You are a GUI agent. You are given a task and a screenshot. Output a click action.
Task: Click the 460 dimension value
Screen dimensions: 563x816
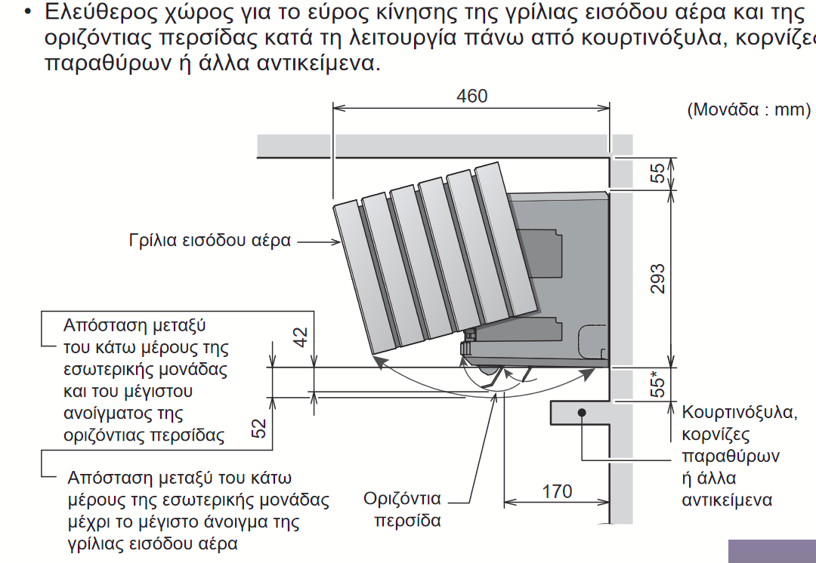tap(472, 97)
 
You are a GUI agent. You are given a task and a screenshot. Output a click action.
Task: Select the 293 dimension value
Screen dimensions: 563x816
tap(657, 278)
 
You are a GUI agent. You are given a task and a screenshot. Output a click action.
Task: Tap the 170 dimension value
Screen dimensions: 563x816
tap(557, 491)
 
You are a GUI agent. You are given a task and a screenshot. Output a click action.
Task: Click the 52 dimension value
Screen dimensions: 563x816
tap(259, 429)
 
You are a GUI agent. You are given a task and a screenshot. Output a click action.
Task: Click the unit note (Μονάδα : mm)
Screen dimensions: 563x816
tap(748, 109)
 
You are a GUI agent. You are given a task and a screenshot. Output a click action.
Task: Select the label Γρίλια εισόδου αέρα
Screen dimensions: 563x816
tap(209, 242)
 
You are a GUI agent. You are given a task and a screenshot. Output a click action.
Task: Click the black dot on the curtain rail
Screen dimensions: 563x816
tap(583, 412)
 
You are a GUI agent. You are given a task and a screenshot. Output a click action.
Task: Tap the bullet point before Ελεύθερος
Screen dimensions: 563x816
tap(28, 13)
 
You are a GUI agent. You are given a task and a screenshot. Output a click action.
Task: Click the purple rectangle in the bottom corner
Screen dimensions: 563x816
tap(772, 552)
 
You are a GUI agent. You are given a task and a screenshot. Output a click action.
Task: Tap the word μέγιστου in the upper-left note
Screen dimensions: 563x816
tap(159, 392)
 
